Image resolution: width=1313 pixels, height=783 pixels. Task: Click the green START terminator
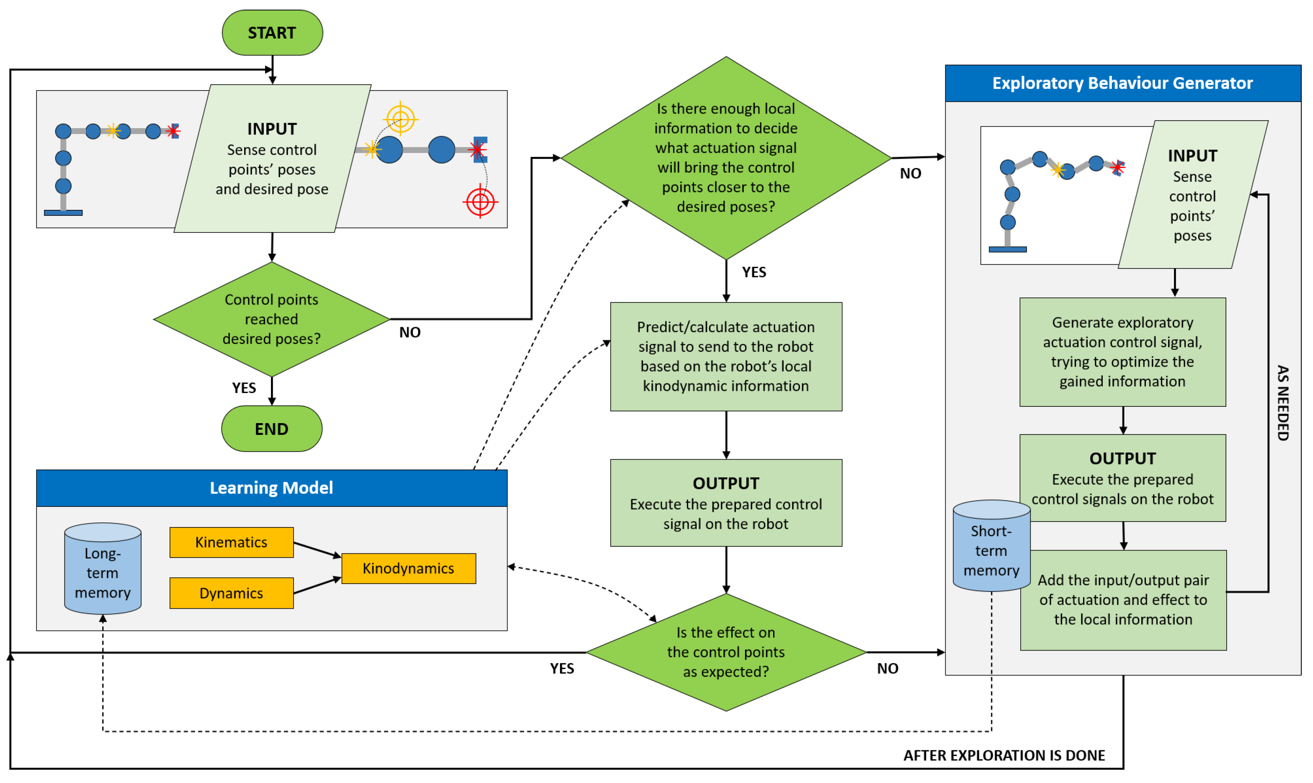(x=272, y=33)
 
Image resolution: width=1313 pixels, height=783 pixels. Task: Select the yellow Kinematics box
(x=232, y=543)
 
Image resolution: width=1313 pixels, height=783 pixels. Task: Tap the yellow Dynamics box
(x=232, y=594)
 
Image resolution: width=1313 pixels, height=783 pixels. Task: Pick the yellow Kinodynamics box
(x=409, y=569)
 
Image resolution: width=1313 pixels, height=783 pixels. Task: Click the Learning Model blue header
(x=271, y=488)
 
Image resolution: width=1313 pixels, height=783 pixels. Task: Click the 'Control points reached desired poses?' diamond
(x=271, y=319)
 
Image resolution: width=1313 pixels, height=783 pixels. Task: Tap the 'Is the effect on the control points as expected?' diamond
(x=726, y=653)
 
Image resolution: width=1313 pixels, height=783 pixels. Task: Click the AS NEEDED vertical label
(x=1283, y=403)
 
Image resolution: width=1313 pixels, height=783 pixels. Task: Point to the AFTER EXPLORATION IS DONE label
(x=1004, y=756)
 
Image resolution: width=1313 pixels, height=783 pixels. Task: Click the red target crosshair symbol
(x=480, y=202)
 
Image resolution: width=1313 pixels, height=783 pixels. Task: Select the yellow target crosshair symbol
(x=401, y=119)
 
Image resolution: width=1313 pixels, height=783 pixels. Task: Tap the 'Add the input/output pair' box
(x=1123, y=600)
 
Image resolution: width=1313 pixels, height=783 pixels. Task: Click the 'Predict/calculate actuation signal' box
(x=726, y=357)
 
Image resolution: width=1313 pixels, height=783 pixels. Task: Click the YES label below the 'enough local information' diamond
(x=754, y=272)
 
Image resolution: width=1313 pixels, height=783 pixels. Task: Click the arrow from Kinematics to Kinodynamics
(x=317, y=550)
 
